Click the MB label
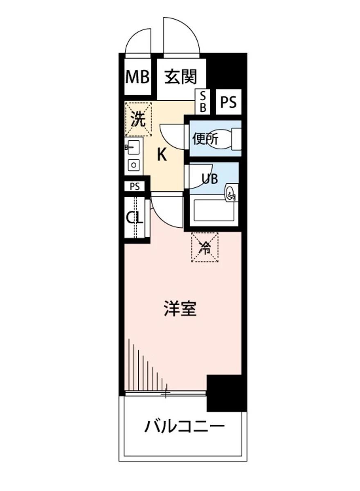137,77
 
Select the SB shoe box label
203,102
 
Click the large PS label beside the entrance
229,102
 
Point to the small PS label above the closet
135,187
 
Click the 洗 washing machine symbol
138,119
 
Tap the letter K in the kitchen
162,155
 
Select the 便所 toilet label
206,139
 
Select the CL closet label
135,218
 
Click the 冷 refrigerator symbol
205,247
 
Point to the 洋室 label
180,309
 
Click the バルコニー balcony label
184,428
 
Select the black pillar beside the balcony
226,393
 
